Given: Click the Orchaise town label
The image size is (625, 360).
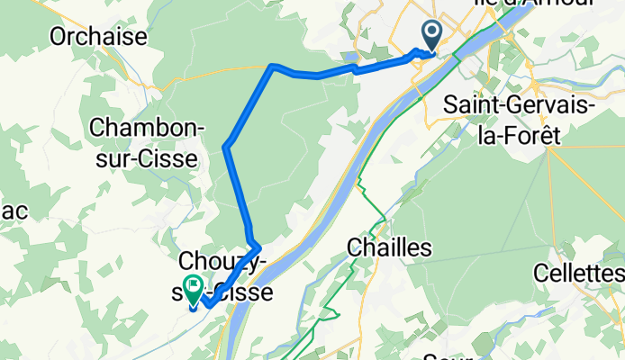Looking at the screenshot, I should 99,36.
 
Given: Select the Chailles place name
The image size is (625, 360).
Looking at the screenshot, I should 391,247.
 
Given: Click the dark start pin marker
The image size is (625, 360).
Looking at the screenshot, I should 431,37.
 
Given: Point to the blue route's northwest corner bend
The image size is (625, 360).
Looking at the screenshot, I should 272,66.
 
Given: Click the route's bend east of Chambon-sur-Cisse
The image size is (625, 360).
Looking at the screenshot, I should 227,144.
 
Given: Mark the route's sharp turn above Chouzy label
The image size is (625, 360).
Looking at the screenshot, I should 259,244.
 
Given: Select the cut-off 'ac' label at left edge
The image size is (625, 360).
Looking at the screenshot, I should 16,211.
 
